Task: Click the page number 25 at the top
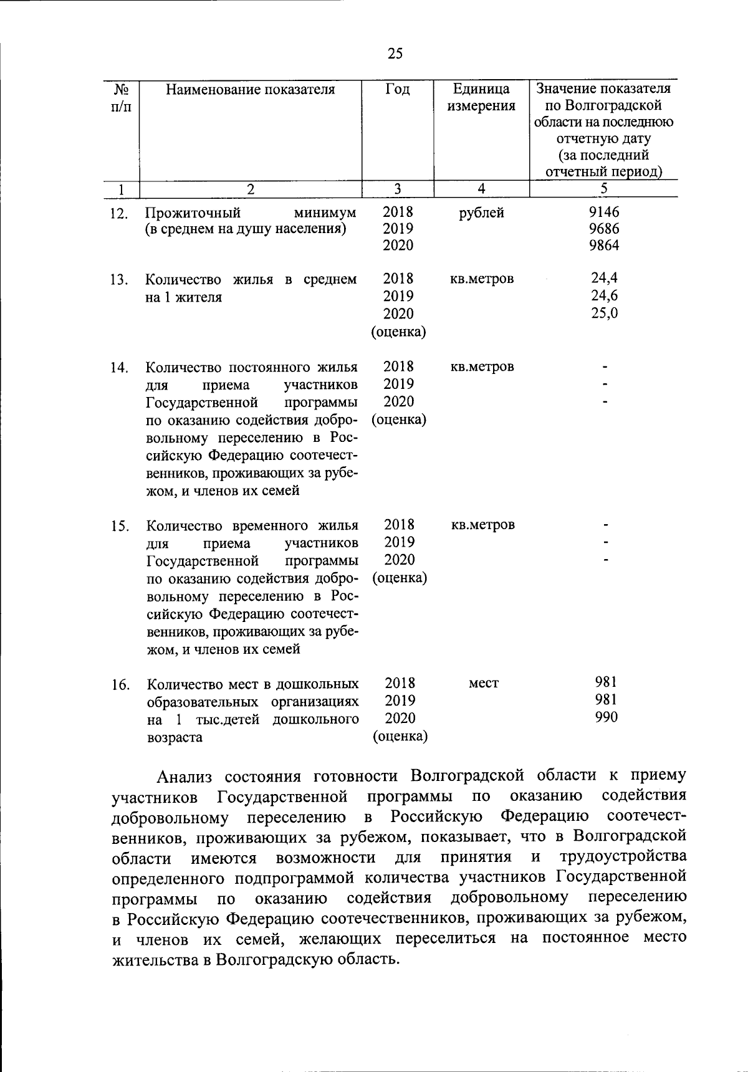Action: (395, 54)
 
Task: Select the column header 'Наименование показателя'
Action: (251, 90)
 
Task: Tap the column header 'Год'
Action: (398, 90)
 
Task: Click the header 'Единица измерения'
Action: (481, 98)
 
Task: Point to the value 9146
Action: (604, 213)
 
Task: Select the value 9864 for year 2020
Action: (604, 246)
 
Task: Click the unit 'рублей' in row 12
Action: (481, 213)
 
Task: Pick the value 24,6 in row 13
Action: (604, 296)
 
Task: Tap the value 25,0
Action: (604, 313)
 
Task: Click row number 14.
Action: (119, 368)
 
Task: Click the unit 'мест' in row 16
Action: (484, 684)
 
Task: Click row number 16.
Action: (120, 686)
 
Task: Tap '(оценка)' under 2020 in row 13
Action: (398, 332)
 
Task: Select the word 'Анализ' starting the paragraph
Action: (185, 777)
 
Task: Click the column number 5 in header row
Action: (603, 189)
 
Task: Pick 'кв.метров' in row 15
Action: (483, 525)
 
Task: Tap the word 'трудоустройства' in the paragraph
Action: (623, 857)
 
